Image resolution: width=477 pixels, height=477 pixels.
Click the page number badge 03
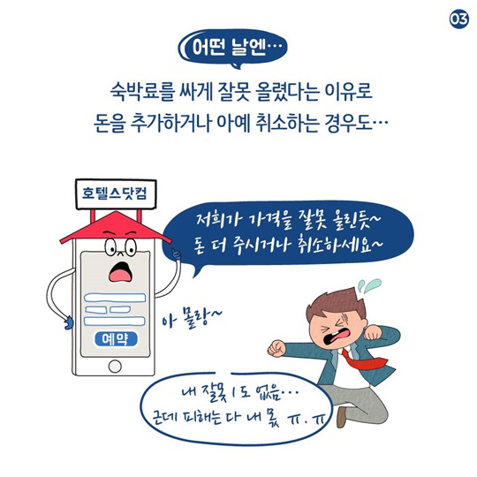(x=459, y=19)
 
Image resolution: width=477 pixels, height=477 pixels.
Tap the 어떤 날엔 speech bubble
(x=232, y=48)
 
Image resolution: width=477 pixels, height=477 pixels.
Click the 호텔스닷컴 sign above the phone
(x=116, y=193)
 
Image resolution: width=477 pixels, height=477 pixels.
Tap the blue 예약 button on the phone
(x=116, y=339)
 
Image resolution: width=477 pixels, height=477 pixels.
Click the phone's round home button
(x=115, y=367)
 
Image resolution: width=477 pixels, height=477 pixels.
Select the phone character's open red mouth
(x=121, y=272)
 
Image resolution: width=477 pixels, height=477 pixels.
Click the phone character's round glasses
(x=121, y=247)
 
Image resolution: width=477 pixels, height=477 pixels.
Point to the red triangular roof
(x=116, y=227)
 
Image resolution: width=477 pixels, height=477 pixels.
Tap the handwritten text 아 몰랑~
(x=192, y=318)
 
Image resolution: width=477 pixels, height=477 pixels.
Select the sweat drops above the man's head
(x=368, y=286)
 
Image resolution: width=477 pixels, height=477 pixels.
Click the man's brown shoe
(x=342, y=417)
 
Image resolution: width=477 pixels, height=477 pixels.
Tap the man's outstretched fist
(x=276, y=348)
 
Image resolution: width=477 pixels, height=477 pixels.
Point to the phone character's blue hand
(x=69, y=322)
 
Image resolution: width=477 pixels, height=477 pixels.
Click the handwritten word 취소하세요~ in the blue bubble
(x=337, y=244)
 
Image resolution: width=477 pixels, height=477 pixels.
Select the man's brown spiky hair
(x=335, y=304)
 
